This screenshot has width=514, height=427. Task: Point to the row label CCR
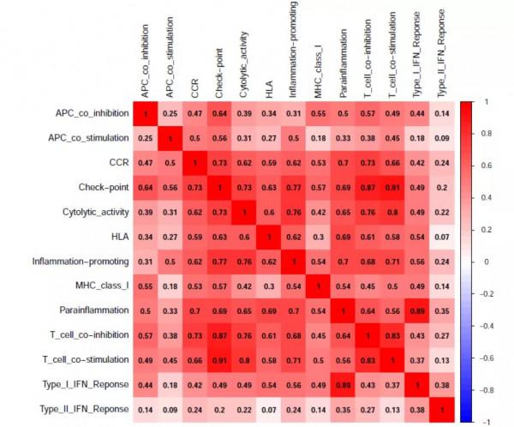(x=117, y=163)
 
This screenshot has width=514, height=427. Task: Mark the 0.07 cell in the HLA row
(x=442, y=236)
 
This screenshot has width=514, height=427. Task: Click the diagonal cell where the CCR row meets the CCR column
(x=194, y=163)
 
